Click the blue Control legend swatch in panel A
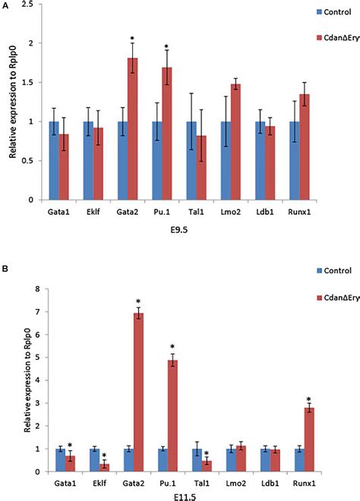click(x=298, y=12)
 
